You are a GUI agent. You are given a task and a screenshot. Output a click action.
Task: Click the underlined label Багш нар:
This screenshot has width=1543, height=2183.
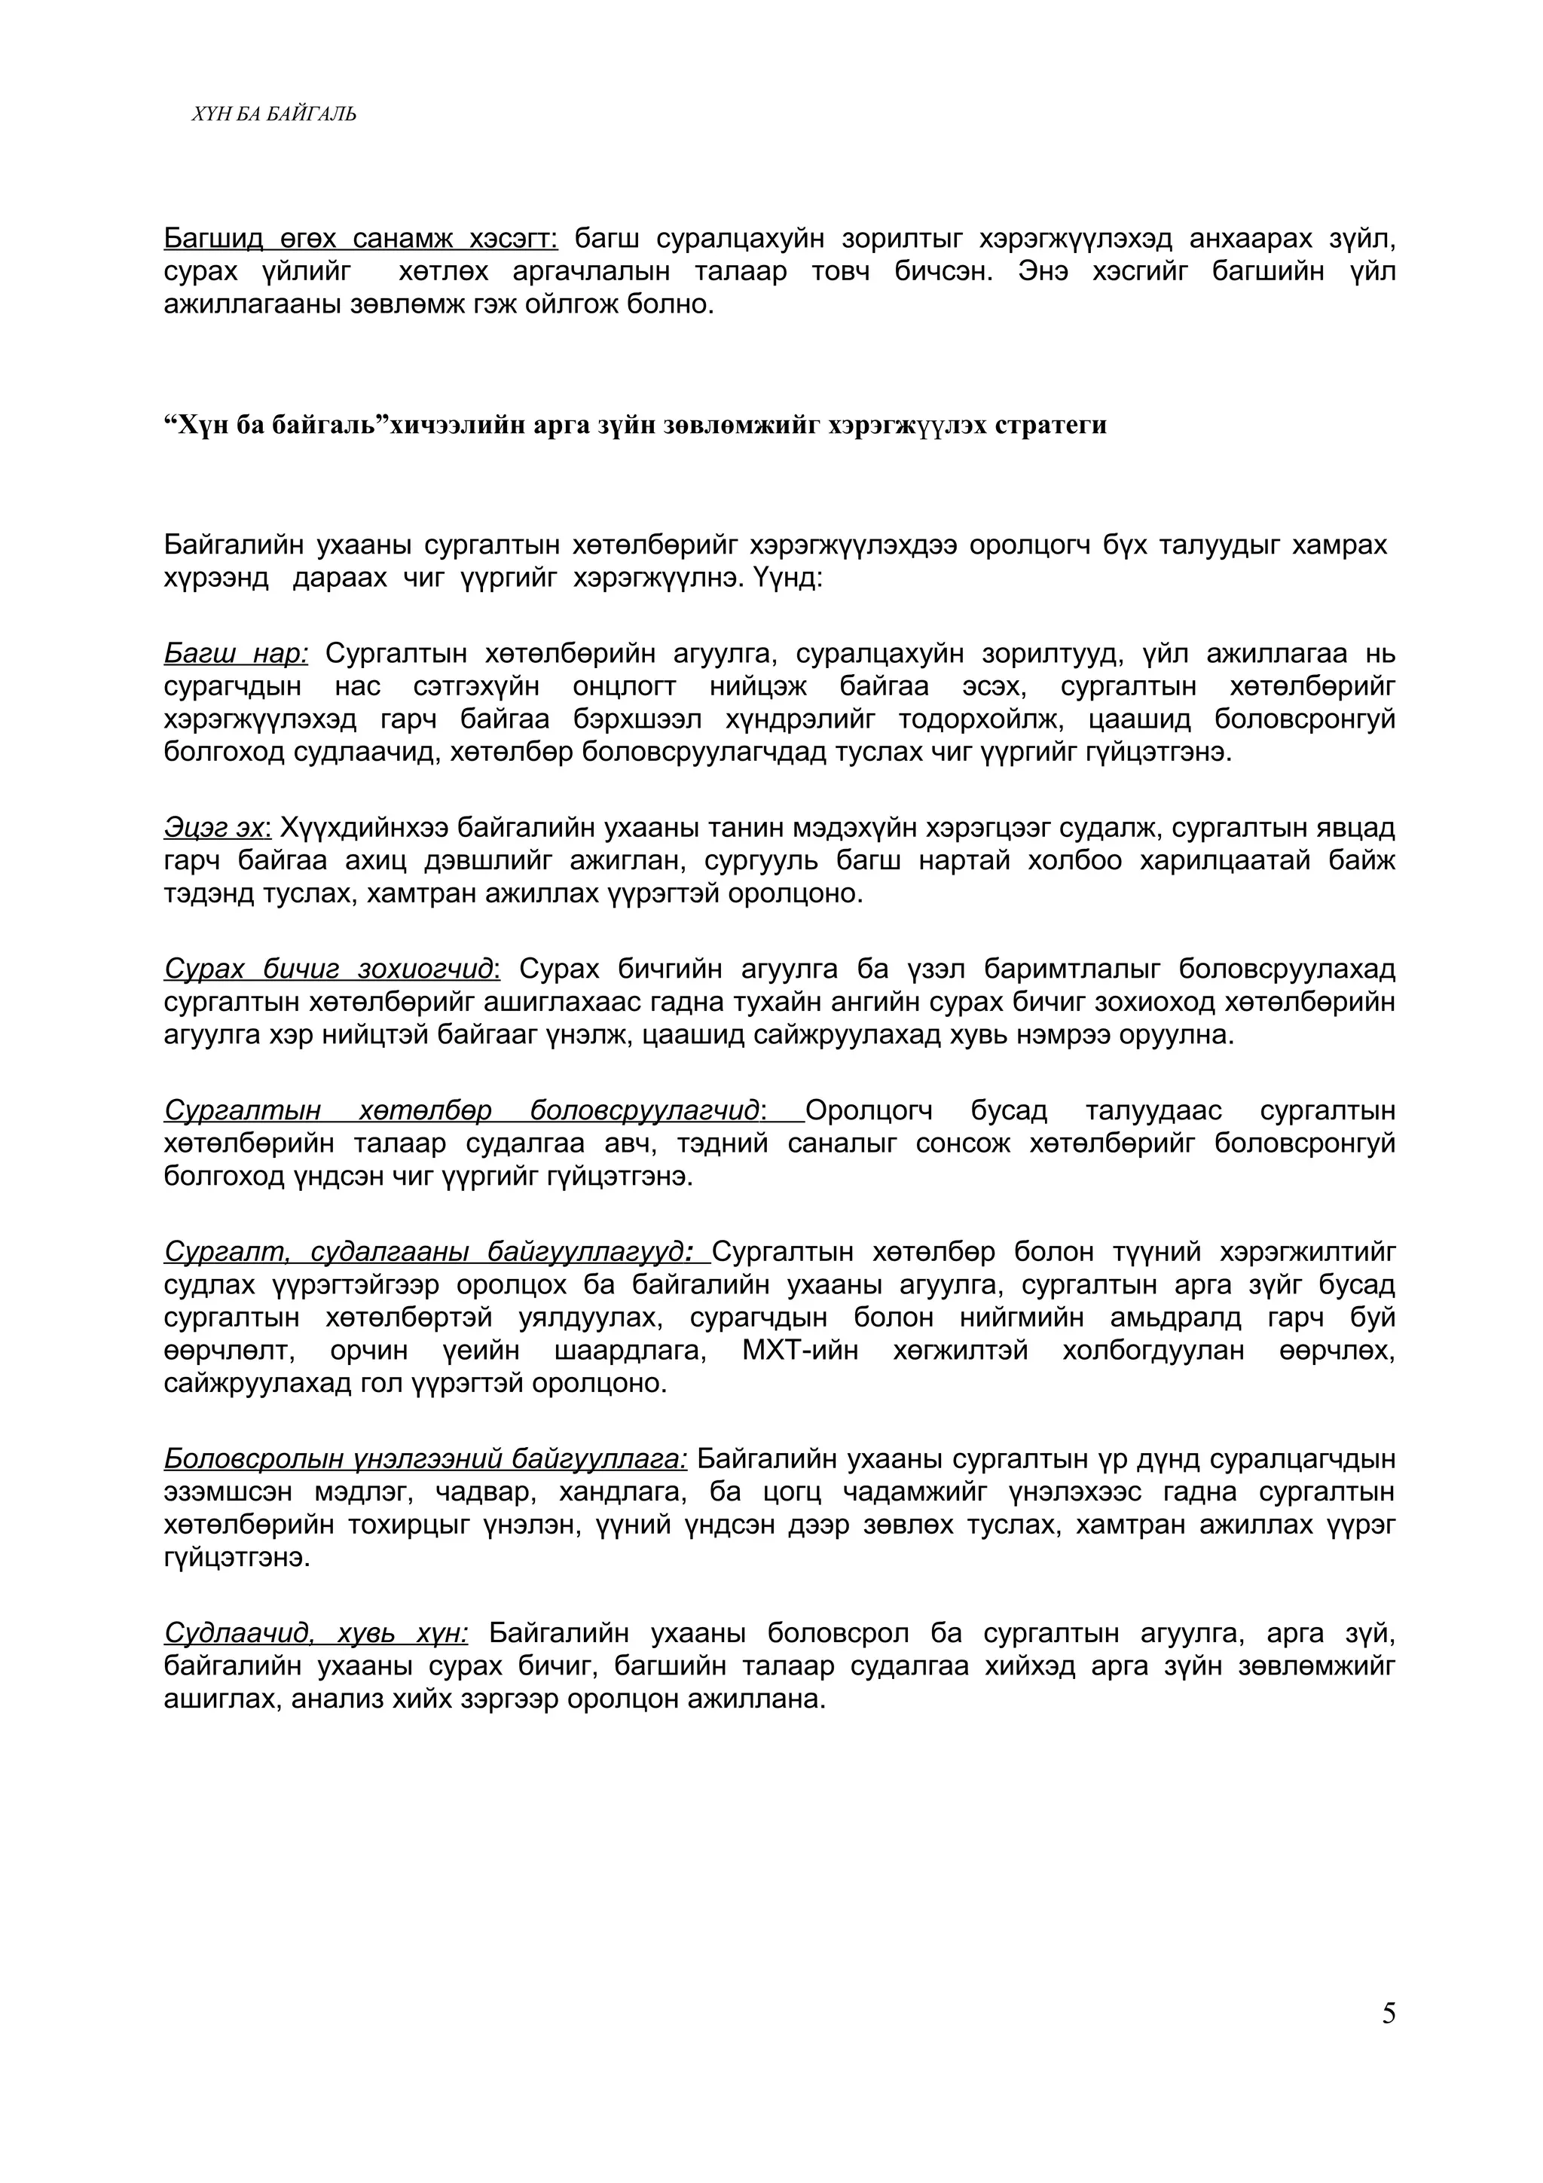click(x=236, y=653)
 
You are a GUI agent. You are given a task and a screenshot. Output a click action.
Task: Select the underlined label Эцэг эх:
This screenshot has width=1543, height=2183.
click(x=218, y=827)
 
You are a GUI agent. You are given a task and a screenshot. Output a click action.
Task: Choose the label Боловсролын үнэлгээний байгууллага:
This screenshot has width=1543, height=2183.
click(x=425, y=1458)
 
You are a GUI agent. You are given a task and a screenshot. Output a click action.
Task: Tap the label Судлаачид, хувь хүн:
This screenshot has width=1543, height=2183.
click(x=316, y=1632)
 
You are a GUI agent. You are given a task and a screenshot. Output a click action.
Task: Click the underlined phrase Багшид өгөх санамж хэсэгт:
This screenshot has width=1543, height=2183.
click(x=362, y=238)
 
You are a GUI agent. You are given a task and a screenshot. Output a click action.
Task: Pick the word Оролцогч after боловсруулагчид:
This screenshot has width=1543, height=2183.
click(x=869, y=1110)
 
